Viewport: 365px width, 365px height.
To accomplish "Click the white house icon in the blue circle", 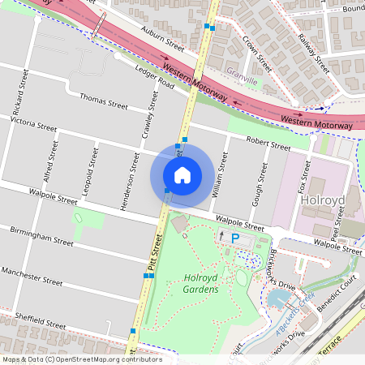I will pyautogui.click(x=182, y=174).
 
